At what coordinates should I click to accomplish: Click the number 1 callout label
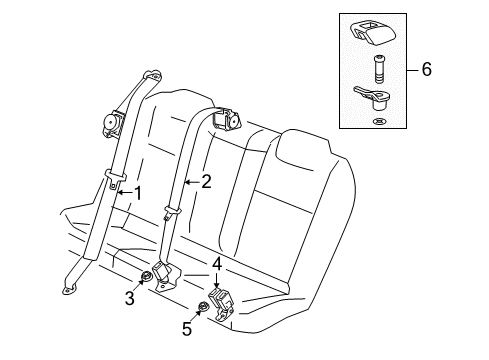click(x=138, y=191)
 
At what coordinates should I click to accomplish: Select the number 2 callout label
click(x=207, y=181)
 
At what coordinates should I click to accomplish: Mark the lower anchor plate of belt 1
click(x=70, y=289)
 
